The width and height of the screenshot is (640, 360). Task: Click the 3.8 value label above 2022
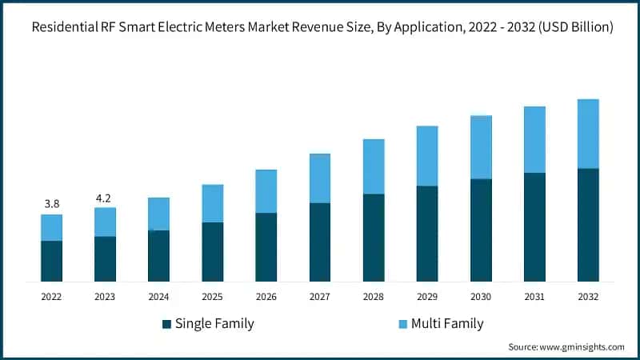click(x=51, y=203)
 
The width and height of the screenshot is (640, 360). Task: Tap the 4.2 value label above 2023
click(x=105, y=197)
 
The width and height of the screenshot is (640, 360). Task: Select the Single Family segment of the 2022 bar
click(x=51, y=261)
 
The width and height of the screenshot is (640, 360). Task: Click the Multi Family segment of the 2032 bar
click(x=588, y=134)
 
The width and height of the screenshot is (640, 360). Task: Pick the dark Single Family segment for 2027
click(x=320, y=242)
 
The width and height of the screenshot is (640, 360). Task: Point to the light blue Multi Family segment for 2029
click(x=427, y=156)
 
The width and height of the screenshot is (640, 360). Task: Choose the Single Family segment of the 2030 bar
click(x=481, y=230)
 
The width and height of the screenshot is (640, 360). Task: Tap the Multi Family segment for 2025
click(x=212, y=203)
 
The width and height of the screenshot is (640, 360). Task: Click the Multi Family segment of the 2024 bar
click(x=158, y=214)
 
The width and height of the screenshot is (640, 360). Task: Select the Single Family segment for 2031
click(x=534, y=226)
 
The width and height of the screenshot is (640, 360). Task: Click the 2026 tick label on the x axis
click(x=266, y=297)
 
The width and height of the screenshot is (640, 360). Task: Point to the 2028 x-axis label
click(x=374, y=297)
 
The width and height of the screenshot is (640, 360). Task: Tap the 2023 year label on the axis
click(x=105, y=297)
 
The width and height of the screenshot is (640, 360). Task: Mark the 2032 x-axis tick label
click(x=588, y=297)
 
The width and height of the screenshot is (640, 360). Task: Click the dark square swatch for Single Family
click(x=166, y=324)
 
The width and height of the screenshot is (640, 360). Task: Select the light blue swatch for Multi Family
click(x=402, y=324)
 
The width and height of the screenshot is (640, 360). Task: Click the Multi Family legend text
click(x=447, y=324)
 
